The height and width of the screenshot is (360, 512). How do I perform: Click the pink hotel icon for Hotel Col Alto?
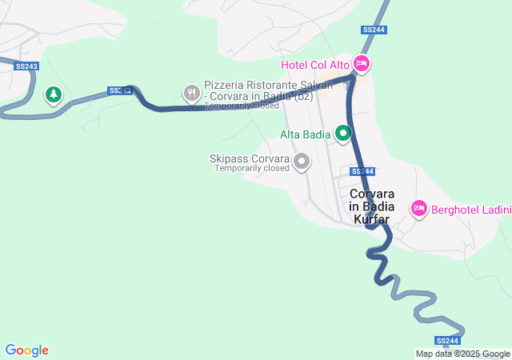362,63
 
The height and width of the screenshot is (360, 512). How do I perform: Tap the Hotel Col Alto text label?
315,64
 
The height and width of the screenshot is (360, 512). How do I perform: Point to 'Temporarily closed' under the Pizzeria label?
241,106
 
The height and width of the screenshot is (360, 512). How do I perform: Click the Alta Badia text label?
306,134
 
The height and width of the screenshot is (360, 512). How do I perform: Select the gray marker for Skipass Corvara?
302,162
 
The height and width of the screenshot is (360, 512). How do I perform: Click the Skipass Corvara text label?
249,158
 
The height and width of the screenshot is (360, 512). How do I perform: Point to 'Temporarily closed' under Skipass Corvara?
251,169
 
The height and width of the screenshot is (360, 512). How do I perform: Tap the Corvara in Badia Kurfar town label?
372,206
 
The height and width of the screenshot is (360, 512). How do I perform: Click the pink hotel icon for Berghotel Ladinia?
418,210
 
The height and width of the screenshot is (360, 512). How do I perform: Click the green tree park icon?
54,95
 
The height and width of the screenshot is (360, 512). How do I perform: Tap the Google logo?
26,350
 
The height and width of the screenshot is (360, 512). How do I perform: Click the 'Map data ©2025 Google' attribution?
462,354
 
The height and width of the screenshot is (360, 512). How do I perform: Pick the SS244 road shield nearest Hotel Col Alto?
373,30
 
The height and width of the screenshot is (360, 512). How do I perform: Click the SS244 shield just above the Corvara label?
362,171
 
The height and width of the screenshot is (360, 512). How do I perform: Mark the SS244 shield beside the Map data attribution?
449,341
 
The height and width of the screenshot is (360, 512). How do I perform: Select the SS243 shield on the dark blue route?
119,90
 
